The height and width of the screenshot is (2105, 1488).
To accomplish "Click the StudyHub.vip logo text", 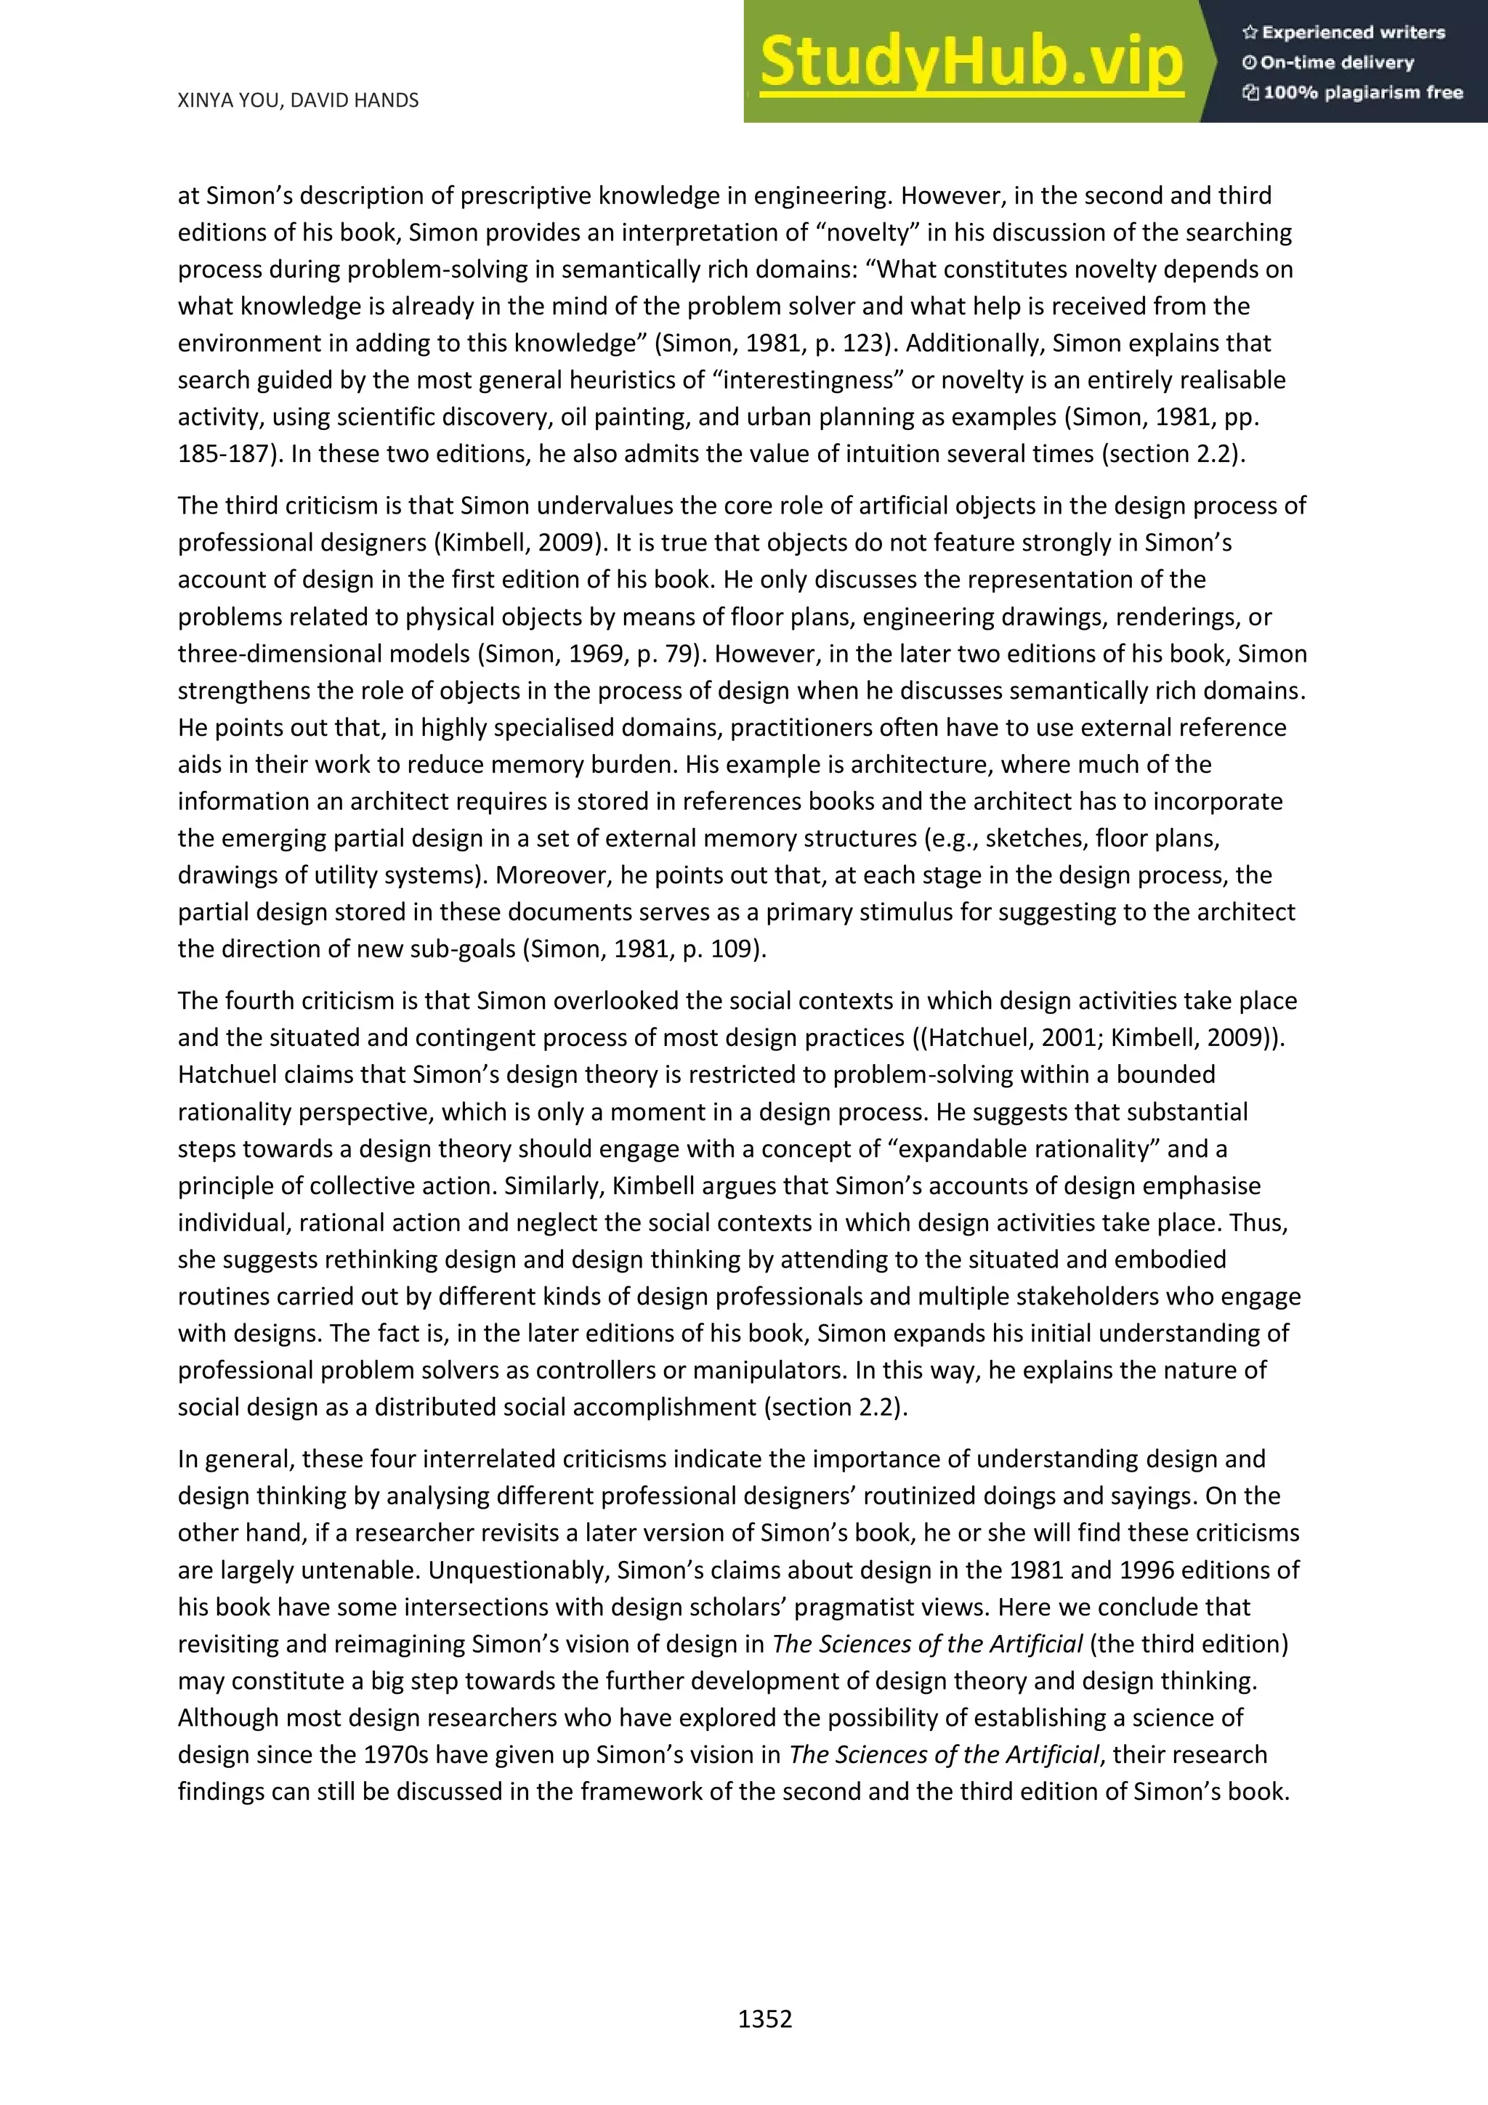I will [x=970, y=62].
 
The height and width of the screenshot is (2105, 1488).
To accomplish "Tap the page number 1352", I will [x=764, y=2019].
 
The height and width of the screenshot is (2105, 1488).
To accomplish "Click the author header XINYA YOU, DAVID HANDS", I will [x=298, y=100].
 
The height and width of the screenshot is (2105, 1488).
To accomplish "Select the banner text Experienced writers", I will [x=1352, y=33].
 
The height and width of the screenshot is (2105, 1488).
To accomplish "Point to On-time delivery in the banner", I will [x=1336, y=62].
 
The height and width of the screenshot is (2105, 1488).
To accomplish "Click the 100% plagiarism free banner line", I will [x=1362, y=92].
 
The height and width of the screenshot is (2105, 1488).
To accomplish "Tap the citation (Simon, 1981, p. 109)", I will [x=644, y=949].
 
